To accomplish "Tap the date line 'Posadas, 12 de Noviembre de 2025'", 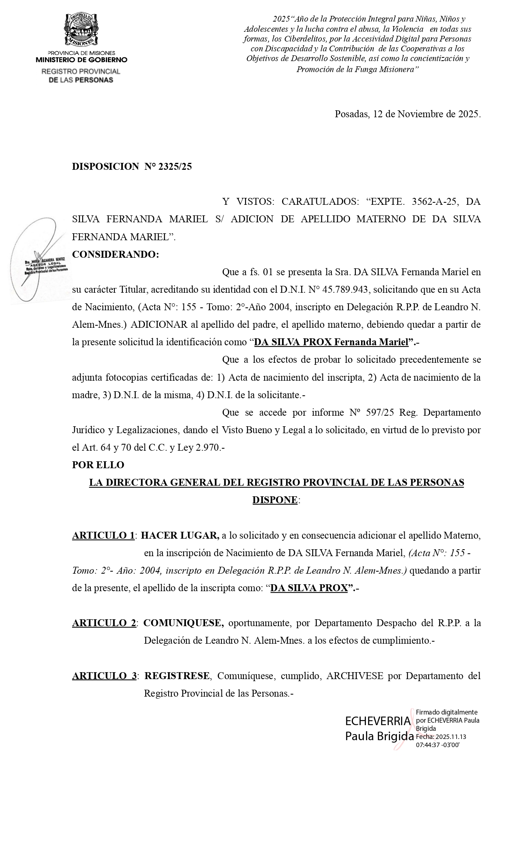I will (407, 114).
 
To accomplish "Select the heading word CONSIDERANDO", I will (115, 254).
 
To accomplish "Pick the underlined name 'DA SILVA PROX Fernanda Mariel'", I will (331, 342).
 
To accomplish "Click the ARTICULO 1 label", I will (103, 535).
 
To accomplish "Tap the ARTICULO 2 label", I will (104, 623).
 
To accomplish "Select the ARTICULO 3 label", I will (105, 676).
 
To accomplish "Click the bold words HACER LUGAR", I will (180, 535).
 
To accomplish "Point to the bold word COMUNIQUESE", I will (184, 623).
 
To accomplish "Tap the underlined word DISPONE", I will (275, 500).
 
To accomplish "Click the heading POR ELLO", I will (98, 465).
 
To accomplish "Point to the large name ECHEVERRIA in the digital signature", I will (378, 721).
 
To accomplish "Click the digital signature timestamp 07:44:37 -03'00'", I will (438, 745).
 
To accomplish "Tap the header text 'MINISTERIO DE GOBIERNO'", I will (81, 60).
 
